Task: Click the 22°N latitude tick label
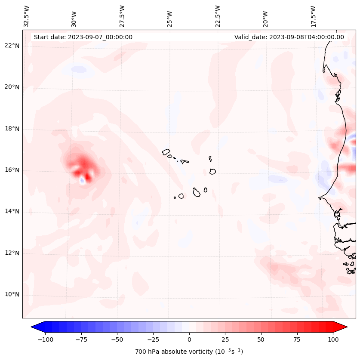[12, 46]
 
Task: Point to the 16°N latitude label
[12, 170]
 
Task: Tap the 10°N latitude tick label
[12, 294]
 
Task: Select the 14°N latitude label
[12, 211]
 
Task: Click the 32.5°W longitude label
[27, 16]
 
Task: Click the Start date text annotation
[83, 37]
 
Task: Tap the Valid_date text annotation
[289, 37]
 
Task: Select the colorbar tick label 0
[189, 339]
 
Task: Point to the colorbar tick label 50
[261, 339]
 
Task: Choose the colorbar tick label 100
[333, 339]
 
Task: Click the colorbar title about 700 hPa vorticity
[189, 352]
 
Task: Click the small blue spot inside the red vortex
[82, 181]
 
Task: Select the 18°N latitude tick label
[12, 129]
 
